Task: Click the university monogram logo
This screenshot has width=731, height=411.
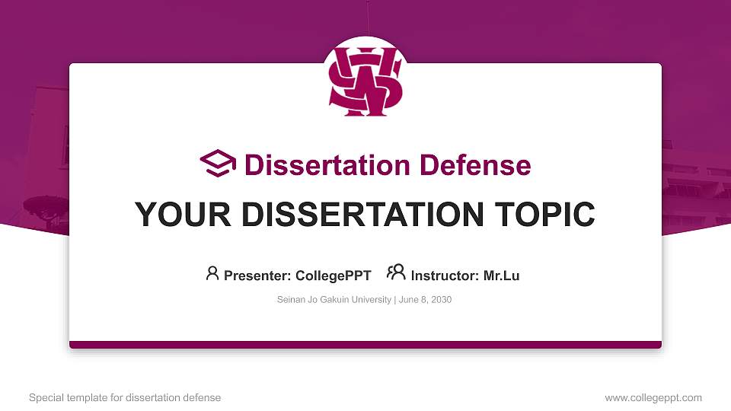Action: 365,81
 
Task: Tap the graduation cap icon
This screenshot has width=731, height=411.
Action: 218,164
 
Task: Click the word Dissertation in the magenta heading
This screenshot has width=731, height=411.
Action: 327,165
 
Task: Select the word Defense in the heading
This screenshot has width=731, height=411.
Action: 475,165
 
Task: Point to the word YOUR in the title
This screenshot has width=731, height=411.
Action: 183,215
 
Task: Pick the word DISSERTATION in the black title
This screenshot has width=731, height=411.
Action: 362,215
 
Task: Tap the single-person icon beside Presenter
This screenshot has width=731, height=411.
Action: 212,273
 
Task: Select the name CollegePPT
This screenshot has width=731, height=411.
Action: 334,276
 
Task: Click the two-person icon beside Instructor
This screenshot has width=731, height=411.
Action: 396,272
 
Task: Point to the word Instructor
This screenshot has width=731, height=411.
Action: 445,276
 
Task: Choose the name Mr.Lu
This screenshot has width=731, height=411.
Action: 501,276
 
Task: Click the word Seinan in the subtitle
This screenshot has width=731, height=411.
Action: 291,300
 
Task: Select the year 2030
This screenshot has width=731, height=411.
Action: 441,300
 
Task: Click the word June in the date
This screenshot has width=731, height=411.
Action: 408,300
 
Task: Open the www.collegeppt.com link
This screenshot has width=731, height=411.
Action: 653,398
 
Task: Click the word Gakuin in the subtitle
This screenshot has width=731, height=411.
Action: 334,300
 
